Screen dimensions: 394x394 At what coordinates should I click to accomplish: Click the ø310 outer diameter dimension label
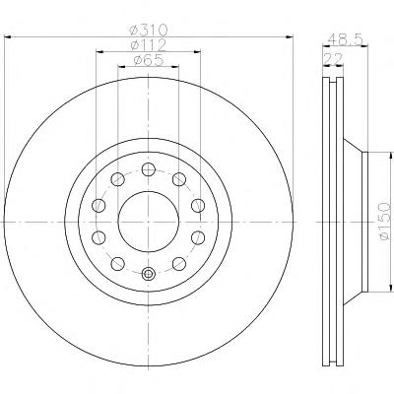149,31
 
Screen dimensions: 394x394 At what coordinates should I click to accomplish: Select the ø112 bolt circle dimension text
148,45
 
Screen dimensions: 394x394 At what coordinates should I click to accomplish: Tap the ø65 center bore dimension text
149,60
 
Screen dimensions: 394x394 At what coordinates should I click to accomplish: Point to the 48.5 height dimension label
345,40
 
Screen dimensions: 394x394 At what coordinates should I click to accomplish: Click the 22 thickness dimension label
333,59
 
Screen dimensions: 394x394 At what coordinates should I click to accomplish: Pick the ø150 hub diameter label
385,222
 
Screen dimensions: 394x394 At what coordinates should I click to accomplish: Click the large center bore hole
149,222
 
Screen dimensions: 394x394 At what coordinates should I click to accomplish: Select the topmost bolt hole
149,169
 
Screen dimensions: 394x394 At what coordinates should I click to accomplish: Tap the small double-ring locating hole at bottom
149,274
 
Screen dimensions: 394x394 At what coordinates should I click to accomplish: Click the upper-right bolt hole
179,179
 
